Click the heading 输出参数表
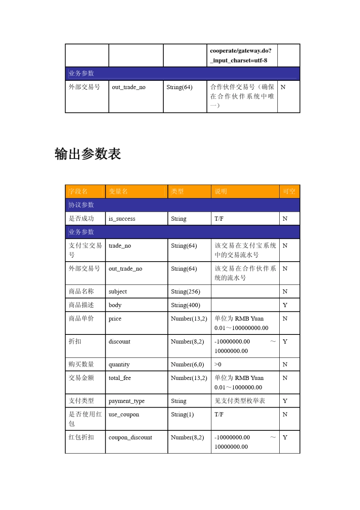88,154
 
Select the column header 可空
289,191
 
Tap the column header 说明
221,191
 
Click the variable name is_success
122,219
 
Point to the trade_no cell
120,246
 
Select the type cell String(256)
185,292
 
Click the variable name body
115,305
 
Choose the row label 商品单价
81,319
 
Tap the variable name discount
119,342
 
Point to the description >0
218,364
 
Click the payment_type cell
127,401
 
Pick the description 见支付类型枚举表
240,401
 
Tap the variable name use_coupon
124,414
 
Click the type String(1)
182,414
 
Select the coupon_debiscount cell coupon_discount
130,438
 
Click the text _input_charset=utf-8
239,61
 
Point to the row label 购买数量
81,364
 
